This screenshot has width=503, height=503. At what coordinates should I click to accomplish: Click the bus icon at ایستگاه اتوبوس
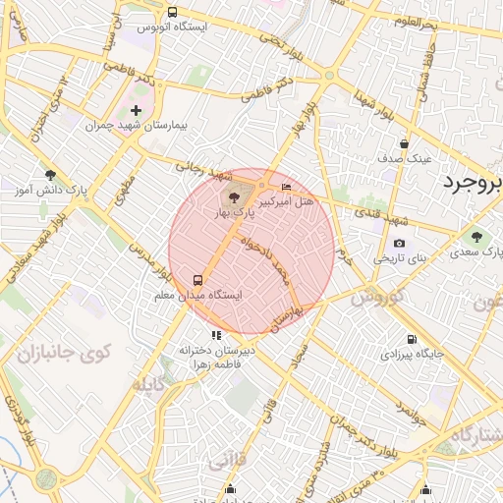click(173, 13)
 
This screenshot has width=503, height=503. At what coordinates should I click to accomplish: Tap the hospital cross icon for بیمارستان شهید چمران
click(136, 111)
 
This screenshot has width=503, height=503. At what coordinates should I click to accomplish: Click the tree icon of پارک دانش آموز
click(50, 175)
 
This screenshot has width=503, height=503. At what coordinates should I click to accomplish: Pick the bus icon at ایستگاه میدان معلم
click(198, 279)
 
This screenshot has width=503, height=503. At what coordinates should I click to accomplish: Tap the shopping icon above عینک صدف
click(404, 143)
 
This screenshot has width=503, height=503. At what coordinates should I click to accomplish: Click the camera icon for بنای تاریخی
click(399, 244)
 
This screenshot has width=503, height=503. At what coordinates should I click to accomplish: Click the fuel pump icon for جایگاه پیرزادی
click(411, 340)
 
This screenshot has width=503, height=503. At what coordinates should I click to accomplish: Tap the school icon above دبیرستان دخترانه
click(216, 335)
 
